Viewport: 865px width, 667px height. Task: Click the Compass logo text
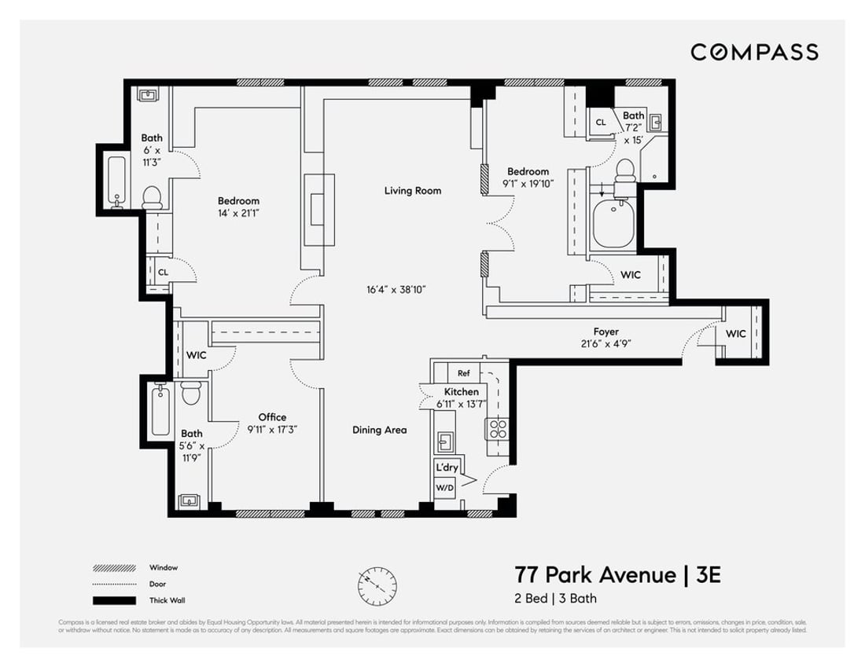tap(754, 52)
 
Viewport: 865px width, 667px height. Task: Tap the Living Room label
tap(413, 190)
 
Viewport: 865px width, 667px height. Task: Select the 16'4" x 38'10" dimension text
tap(397, 290)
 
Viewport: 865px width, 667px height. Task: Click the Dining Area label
tap(379, 430)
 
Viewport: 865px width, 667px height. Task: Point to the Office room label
tap(273, 417)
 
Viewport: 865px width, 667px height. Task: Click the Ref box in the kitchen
tap(464, 374)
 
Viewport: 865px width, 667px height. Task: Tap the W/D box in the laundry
tap(444, 487)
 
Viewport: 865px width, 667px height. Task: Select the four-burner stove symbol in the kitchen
tap(499, 429)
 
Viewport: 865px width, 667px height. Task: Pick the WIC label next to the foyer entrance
tap(736, 334)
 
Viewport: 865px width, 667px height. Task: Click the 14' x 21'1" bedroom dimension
tap(239, 213)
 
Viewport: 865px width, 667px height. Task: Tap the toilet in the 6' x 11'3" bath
tap(152, 196)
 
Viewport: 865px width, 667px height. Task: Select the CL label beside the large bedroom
tap(163, 272)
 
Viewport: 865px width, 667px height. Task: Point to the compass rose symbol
tap(377, 583)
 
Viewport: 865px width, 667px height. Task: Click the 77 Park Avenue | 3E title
tap(617, 574)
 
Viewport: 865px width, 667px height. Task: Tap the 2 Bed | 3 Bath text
tap(555, 599)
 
